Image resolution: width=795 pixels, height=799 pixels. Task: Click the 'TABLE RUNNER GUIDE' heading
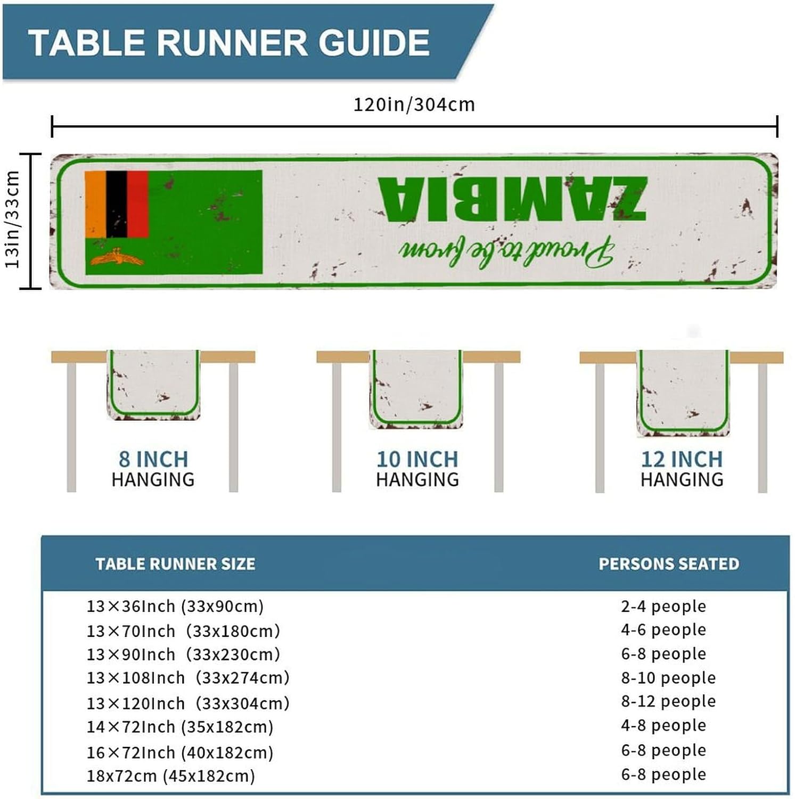(x=229, y=43)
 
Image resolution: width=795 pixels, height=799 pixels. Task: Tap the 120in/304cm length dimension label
(x=414, y=104)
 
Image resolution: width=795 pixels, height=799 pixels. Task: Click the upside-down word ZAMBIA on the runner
(x=512, y=199)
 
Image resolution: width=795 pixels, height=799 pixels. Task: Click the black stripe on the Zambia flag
(x=117, y=204)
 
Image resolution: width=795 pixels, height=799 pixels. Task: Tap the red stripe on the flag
(x=137, y=204)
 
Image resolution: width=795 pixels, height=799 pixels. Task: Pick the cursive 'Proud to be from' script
(x=506, y=251)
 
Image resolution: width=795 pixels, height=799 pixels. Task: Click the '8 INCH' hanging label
(x=153, y=459)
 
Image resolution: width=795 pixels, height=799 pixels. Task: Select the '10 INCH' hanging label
(x=417, y=459)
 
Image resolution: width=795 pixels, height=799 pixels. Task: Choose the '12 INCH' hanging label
(x=682, y=459)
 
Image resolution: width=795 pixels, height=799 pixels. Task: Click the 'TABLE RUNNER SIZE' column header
(x=175, y=564)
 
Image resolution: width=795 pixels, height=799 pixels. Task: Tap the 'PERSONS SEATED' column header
(x=669, y=564)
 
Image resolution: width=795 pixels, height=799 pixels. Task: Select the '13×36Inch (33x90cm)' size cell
(x=175, y=606)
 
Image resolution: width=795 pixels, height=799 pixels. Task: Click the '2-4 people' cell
(x=663, y=606)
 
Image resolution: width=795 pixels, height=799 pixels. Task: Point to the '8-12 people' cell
(x=668, y=702)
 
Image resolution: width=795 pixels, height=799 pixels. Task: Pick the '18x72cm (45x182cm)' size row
(x=171, y=776)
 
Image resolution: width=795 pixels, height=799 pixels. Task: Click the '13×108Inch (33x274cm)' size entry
(x=188, y=678)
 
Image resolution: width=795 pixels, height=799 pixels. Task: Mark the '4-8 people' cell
(x=663, y=725)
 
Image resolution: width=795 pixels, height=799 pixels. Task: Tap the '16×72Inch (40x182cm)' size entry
(x=180, y=753)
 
